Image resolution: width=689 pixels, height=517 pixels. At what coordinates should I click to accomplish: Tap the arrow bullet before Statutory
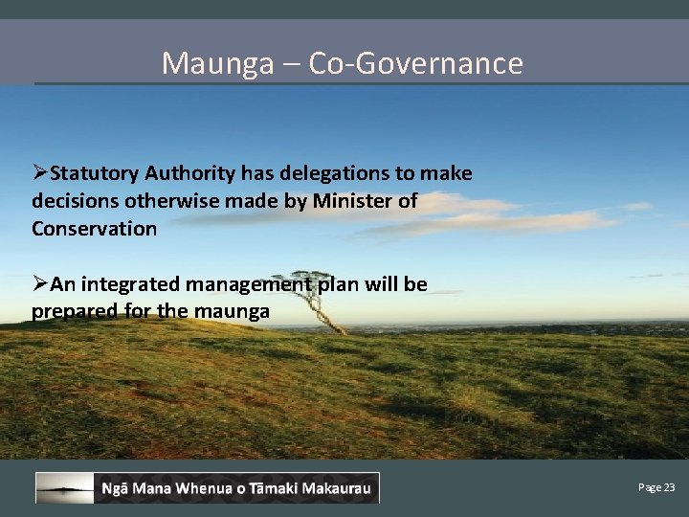(x=40, y=173)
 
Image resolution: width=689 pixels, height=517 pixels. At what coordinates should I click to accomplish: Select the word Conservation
(x=94, y=229)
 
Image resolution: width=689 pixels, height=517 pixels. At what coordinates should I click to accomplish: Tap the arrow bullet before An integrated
(x=40, y=284)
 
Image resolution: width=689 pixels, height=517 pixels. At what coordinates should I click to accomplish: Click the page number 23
(x=668, y=487)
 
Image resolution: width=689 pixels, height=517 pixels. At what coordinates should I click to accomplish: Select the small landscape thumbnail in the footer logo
(x=65, y=488)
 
